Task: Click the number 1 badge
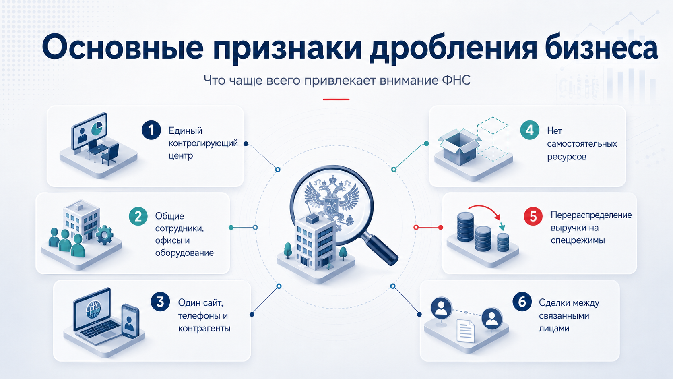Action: coord(151,130)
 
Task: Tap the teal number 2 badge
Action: coord(138,216)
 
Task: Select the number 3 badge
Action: coord(161,301)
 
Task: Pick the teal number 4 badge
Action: coord(529,130)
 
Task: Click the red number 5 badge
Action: coord(533,216)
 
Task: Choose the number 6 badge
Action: coord(522,301)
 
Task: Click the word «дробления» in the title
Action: coord(452,48)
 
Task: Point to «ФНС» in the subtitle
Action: coord(456,80)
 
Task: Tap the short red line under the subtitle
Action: coord(336,99)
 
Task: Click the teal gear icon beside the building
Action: coord(105,235)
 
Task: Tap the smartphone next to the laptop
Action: coord(130,321)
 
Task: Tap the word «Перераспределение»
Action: coord(591,215)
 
